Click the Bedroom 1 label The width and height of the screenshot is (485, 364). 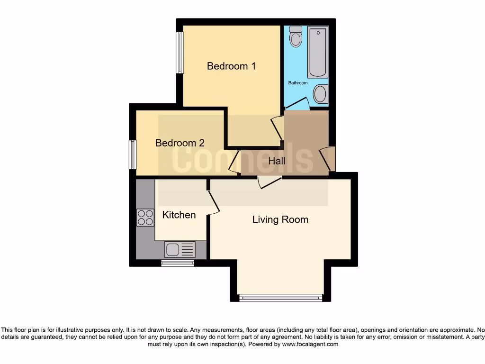click(231, 66)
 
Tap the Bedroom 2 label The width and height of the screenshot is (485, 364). click(180, 143)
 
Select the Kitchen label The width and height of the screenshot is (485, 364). click(179, 215)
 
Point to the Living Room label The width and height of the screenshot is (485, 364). click(280, 219)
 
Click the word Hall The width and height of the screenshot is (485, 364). click(277, 161)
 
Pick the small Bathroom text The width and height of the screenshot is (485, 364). click(298, 83)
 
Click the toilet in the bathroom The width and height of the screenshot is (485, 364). click(296, 36)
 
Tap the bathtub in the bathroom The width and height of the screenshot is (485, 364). click(317, 52)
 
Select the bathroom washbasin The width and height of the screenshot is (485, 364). click(321, 94)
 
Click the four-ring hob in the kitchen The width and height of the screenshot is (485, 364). click(145, 218)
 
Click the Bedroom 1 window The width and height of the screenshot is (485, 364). click(180, 53)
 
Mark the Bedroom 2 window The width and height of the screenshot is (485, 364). click(133, 155)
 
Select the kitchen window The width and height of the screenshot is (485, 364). click(178, 263)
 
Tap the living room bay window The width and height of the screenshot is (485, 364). click(280, 298)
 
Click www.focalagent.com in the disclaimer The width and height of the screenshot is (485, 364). click(310, 344)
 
